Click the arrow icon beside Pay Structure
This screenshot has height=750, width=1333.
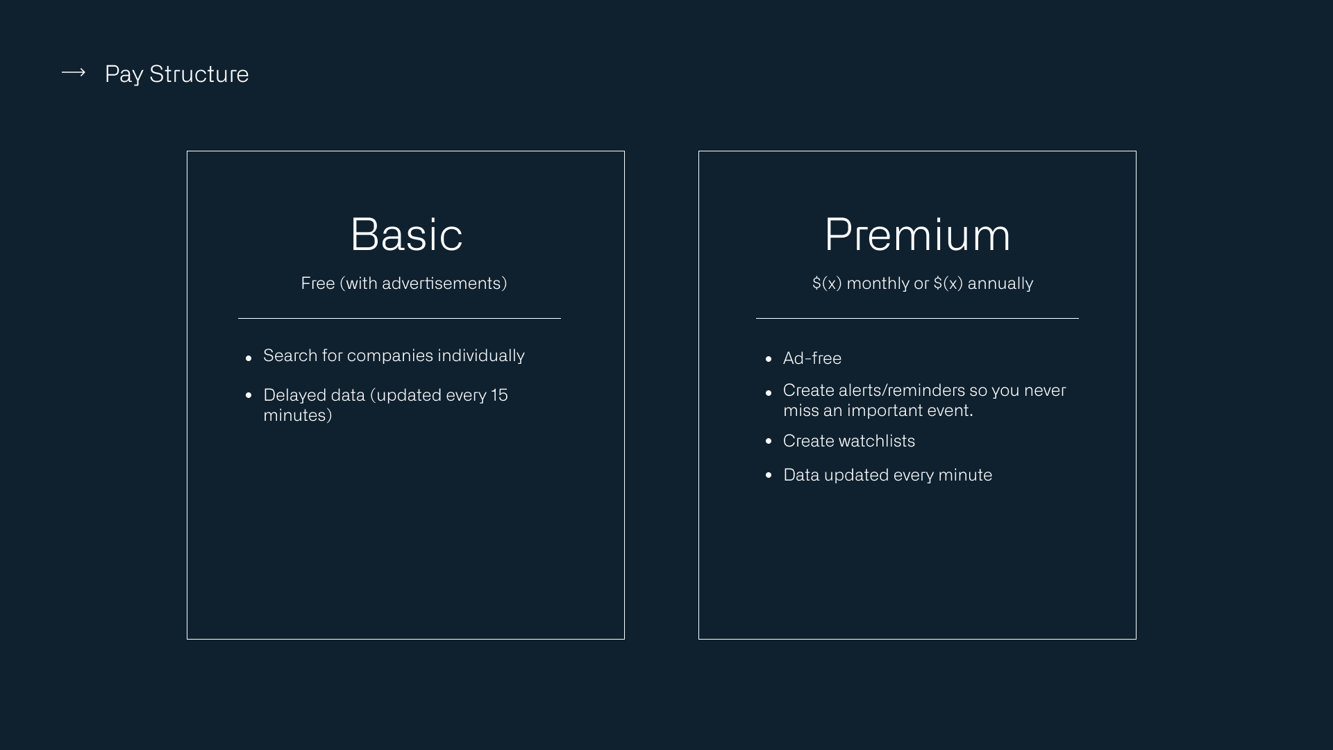[73, 73]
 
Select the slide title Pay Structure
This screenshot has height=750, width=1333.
[176, 74]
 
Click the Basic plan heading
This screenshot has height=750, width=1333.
[406, 234]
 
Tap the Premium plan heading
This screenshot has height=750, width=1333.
[917, 234]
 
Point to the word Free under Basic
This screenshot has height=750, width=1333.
[318, 283]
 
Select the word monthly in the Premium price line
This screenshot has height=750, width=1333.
[878, 283]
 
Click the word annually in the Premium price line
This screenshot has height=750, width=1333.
[1000, 283]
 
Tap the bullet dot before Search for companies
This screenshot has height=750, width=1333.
[249, 359]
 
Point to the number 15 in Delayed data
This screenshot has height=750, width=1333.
[499, 395]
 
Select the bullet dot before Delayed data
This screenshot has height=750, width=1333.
[249, 395]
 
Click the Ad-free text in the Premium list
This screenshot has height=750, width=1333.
[812, 358]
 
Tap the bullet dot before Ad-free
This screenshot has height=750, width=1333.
[769, 359]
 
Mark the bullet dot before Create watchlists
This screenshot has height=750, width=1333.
[769, 441]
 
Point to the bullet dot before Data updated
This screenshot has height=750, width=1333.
[769, 475]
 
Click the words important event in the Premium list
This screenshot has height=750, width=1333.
[909, 410]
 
